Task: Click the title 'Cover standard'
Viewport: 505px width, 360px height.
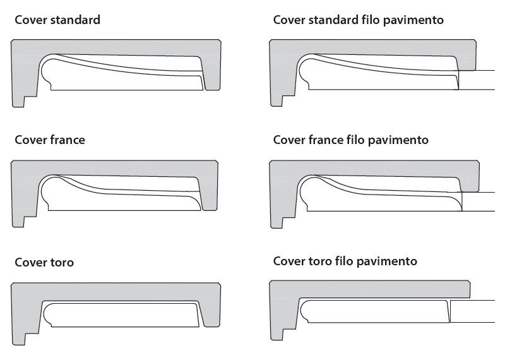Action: tap(57, 20)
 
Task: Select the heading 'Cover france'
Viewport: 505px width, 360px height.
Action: tap(49, 140)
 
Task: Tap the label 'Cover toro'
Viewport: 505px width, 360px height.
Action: tap(44, 261)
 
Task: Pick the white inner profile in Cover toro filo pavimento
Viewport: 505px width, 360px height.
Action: tap(372, 312)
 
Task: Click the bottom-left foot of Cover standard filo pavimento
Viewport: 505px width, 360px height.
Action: tap(276, 99)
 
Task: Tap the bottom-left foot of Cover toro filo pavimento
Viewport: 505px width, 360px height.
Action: tap(276, 332)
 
